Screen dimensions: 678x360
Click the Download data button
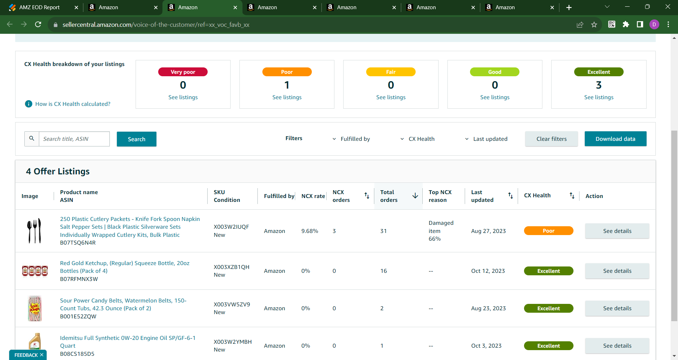(x=615, y=139)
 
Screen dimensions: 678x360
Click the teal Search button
(x=137, y=139)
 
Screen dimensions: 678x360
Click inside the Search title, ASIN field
(x=74, y=139)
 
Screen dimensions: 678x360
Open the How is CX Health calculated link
(x=73, y=104)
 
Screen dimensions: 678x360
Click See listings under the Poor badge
(x=287, y=97)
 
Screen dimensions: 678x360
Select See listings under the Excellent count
(x=599, y=97)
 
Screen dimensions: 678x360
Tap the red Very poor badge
(x=183, y=72)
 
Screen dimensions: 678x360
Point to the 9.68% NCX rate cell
(x=310, y=231)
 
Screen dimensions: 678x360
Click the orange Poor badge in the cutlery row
(x=548, y=231)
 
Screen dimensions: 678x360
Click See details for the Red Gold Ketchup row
(x=617, y=271)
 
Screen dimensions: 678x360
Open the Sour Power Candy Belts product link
(x=123, y=304)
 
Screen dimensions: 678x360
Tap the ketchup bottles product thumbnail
(x=35, y=271)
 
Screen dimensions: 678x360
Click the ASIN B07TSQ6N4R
(x=78, y=243)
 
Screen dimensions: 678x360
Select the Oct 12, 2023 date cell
(x=488, y=271)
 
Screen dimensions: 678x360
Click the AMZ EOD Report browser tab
(x=40, y=7)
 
